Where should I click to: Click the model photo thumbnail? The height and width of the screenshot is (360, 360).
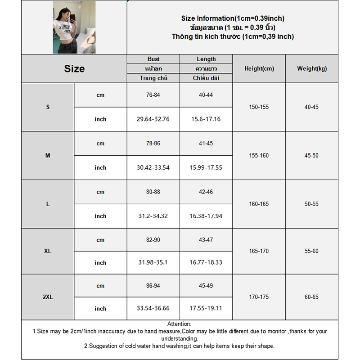click(74, 27)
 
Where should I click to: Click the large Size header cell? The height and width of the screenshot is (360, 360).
click(74, 69)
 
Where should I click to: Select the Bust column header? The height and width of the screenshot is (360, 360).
click(153, 59)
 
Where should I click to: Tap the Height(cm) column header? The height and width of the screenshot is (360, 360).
click(259, 69)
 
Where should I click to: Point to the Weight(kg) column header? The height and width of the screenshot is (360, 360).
click(312, 69)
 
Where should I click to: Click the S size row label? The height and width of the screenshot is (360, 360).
click(48, 107)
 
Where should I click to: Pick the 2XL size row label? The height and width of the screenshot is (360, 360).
click(48, 297)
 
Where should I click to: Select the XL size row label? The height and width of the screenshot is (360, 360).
click(48, 251)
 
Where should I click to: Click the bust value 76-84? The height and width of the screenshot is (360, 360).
click(153, 95)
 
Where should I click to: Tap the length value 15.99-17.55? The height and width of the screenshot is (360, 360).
click(206, 167)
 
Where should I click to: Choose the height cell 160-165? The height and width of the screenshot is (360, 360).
click(259, 204)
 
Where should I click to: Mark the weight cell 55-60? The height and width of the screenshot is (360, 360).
click(311, 251)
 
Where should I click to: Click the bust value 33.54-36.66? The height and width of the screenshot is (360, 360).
click(153, 309)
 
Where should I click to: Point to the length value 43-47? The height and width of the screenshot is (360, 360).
click(206, 240)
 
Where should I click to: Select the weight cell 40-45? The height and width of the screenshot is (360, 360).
click(311, 107)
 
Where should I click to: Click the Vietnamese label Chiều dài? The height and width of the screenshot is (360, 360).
click(206, 78)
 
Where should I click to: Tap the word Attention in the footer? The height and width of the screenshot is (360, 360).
click(180, 324)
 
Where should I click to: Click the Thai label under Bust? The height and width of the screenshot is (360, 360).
click(153, 68)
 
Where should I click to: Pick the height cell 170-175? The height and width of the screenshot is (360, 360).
click(259, 297)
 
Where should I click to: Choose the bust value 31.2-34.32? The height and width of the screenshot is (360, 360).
click(153, 216)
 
